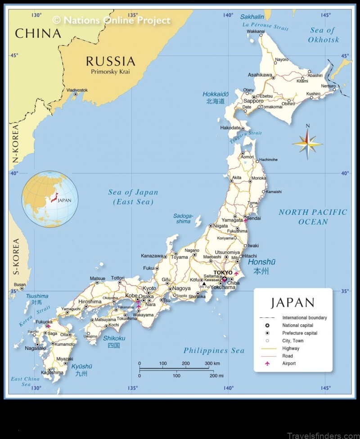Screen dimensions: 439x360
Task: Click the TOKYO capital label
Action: click(223, 272)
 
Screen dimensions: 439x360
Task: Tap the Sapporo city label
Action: click(253, 101)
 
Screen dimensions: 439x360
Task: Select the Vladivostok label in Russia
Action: click(77, 90)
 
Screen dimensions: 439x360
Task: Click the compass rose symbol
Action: click(307, 144)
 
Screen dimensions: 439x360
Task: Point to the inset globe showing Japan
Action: click(49, 199)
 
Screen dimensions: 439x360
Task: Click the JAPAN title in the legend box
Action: click(292, 303)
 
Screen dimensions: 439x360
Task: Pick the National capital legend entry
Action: click(297, 325)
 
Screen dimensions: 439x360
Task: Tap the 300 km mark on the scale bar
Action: click(212, 363)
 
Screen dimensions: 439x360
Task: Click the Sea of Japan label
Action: click(133, 197)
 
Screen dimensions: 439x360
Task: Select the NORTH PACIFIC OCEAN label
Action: click(313, 217)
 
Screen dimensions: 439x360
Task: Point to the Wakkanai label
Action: click(256, 32)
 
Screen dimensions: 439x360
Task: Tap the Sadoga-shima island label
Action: click(184, 218)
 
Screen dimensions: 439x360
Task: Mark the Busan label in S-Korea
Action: click(19, 285)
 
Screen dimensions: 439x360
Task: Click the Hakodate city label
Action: click(230, 128)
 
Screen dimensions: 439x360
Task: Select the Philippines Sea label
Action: click(214, 351)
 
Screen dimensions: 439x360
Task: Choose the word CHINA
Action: click(38, 33)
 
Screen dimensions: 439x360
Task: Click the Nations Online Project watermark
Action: click(112, 20)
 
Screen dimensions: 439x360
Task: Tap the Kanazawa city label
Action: click(152, 256)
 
